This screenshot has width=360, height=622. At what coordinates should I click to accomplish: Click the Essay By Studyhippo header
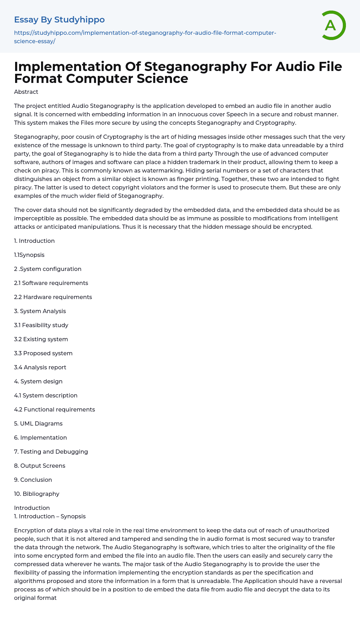(59, 20)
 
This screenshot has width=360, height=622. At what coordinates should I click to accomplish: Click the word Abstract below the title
(26, 92)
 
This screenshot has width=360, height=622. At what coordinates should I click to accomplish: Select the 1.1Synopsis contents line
(29, 255)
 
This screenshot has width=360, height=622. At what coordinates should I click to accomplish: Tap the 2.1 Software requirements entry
(51, 283)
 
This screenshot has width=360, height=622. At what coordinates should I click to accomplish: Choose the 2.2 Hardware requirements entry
(53, 297)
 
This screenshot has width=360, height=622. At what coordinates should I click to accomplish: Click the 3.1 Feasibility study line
(41, 325)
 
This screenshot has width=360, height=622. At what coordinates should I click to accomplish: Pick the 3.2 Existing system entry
(41, 339)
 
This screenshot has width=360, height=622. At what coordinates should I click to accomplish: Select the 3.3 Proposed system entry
(43, 353)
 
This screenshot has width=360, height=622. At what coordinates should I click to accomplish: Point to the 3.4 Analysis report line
(40, 367)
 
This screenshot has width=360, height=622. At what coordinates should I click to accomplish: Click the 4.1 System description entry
(46, 395)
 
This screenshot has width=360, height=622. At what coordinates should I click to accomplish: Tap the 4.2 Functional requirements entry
(54, 409)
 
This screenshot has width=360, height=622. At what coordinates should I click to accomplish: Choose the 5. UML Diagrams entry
(38, 423)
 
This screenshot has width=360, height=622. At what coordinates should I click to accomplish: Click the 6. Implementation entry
(40, 438)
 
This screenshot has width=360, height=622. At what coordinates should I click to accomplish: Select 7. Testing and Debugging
(51, 452)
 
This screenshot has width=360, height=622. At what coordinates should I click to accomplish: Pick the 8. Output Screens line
(40, 466)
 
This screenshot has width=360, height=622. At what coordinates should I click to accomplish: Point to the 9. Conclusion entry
(33, 480)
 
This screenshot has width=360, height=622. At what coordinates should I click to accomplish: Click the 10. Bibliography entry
(37, 494)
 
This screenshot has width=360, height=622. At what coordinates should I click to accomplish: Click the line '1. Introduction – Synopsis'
(50, 516)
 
